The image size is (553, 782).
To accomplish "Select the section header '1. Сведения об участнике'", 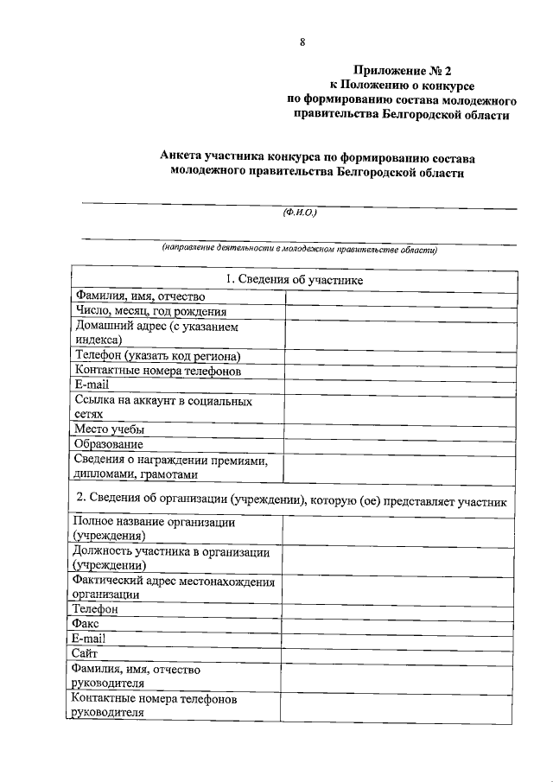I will coord(294,280).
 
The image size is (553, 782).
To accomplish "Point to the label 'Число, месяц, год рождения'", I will coord(150,312).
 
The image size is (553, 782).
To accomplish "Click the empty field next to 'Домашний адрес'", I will coord(400,334).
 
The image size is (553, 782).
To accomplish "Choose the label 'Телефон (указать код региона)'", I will coord(156,356).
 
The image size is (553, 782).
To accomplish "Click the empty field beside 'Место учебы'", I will coord(400,429).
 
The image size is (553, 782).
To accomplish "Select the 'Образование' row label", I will coord(108,444).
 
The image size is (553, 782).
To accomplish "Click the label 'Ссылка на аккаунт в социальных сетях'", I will coord(162,408).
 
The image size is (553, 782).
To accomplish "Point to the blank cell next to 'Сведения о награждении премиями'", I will coord(400,467).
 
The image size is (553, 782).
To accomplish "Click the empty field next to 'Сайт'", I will coord(399,653).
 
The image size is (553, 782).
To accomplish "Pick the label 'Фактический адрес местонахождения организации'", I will coord(173,588).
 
